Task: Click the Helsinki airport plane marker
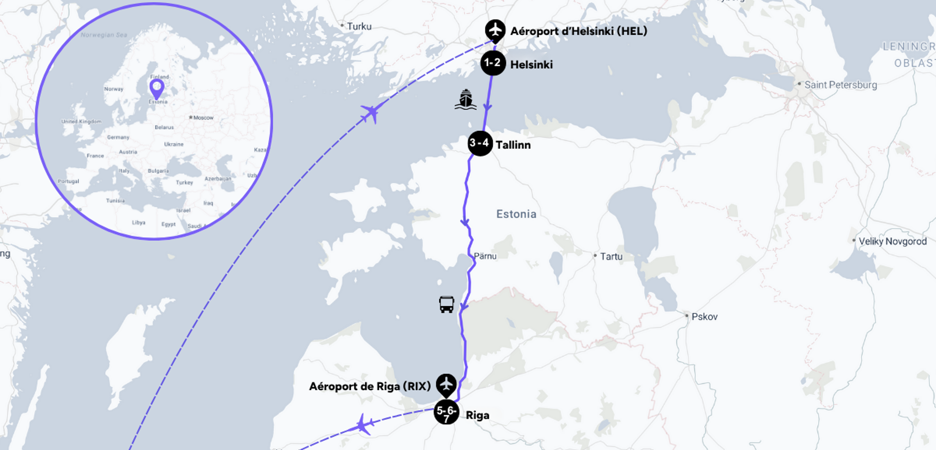click(495, 31)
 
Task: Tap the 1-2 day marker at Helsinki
click(493, 63)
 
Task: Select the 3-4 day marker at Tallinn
click(480, 143)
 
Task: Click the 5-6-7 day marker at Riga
click(446, 412)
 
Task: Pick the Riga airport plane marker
click(446, 385)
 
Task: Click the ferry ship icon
click(465, 99)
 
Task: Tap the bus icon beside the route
click(447, 304)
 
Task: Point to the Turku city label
click(359, 26)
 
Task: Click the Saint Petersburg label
click(840, 85)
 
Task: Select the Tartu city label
click(611, 256)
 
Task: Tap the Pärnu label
click(485, 256)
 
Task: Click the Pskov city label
click(704, 317)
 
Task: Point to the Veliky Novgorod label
click(892, 241)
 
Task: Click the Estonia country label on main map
click(516, 214)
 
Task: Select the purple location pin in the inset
click(157, 88)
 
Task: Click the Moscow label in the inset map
click(203, 118)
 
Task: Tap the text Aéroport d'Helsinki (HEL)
click(579, 31)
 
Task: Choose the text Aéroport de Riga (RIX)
click(370, 387)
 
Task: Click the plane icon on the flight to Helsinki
click(371, 113)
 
